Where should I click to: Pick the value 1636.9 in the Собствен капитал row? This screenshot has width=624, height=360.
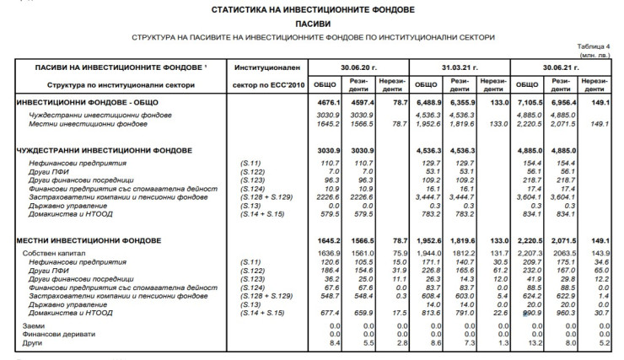tap(325, 252)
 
